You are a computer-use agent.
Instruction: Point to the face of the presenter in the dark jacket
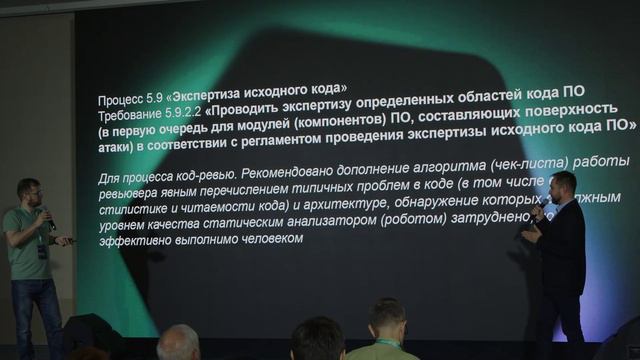(562, 184)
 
